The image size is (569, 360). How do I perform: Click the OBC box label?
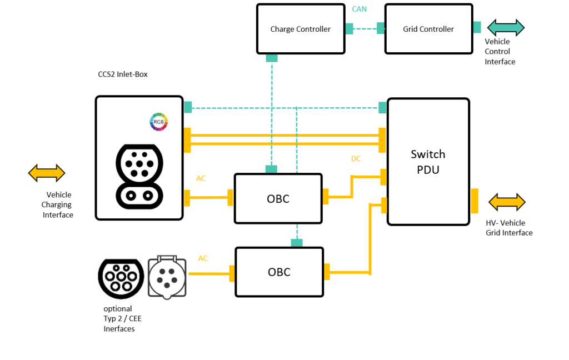point(278,199)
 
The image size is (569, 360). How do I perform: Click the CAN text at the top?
point(359,9)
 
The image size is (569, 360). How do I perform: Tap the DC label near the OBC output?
point(356,159)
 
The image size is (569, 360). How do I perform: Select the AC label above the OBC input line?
point(201,178)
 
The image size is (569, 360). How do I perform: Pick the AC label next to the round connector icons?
point(203,258)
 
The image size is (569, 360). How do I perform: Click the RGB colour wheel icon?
point(159,122)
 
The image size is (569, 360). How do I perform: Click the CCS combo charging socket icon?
point(139,175)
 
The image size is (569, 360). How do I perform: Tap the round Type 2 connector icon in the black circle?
point(121,278)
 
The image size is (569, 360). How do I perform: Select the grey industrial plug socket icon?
point(167,277)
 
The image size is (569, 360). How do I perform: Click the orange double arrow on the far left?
point(47,173)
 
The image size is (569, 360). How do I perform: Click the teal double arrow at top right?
point(506,28)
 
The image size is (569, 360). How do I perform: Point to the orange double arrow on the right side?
point(507,202)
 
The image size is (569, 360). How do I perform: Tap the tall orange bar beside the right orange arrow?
point(475,201)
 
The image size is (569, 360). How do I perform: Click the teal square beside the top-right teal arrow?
point(477,27)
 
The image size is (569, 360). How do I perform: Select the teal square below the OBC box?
point(297,243)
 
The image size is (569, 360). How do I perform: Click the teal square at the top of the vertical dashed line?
point(272,58)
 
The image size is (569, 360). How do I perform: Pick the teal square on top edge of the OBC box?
point(271,169)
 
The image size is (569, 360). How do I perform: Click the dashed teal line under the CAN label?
point(365,29)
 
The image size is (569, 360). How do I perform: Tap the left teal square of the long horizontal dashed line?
point(188,107)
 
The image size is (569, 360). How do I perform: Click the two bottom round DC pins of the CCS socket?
point(139,196)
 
